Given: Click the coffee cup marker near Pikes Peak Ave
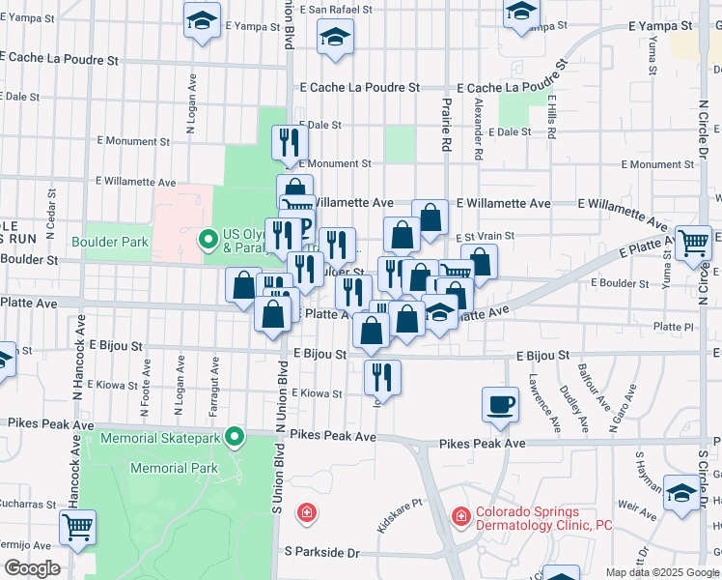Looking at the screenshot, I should coord(500,404).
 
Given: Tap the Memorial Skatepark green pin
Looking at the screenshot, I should coord(234,438).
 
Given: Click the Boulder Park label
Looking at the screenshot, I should coord(102,240).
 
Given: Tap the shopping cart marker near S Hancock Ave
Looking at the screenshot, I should coord(77,528).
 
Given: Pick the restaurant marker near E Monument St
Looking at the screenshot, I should coord(290,143).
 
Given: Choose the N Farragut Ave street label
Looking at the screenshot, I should coord(212,387).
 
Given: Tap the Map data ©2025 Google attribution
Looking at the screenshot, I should coord(661,572).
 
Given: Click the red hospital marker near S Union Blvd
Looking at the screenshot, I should coord(306,511).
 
